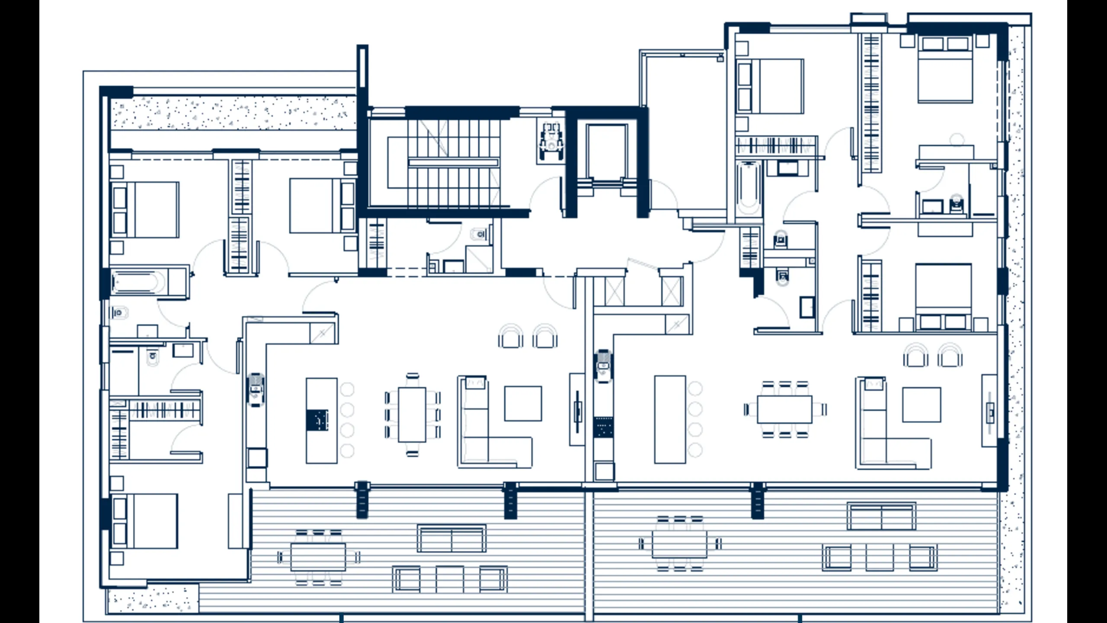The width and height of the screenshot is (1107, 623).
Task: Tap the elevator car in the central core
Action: (607, 151)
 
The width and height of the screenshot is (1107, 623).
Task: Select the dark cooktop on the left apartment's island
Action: (317, 420)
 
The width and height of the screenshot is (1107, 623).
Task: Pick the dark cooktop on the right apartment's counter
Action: (603, 427)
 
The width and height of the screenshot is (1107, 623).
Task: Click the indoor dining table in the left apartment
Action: (412, 414)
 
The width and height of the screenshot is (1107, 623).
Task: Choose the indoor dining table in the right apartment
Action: (784, 409)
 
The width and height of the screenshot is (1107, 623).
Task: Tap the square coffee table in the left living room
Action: (523, 404)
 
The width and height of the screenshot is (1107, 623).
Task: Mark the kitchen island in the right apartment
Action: (670, 419)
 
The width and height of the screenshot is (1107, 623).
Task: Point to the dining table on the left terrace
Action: (318, 557)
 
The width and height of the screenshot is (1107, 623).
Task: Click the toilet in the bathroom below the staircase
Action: (480, 234)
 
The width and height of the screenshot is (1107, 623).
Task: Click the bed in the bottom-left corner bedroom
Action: (145, 521)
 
